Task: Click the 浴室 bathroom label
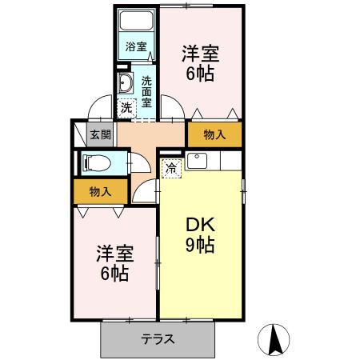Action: coord(136,46)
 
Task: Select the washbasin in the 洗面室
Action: coord(126,83)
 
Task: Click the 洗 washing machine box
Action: coord(126,106)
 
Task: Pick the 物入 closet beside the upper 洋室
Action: coord(214,134)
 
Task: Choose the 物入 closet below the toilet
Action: coord(99,191)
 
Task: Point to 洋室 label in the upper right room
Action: coord(201,54)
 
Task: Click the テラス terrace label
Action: coord(158,338)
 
